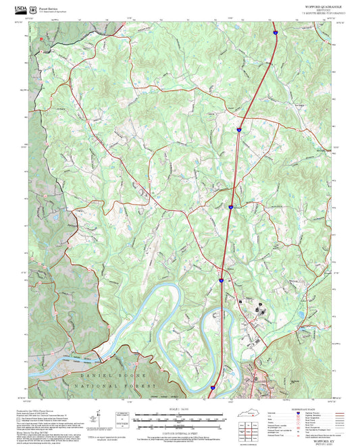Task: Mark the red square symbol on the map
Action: click(x=41, y=39)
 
